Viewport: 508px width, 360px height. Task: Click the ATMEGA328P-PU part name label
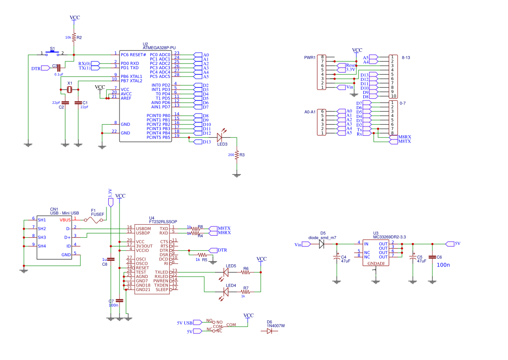pyautogui.click(x=159, y=48)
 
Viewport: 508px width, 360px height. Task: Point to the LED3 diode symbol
pyautogui.click(x=220, y=137)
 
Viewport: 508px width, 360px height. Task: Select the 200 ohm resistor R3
pyautogui.click(x=237, y=155)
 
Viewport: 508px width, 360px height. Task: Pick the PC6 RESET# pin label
pyautogui.click(x=133, y=55)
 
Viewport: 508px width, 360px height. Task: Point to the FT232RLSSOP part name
pyautogui.click(x=163, y=222)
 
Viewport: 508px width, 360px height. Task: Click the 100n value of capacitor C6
pyautogui.click(x=443, y=264)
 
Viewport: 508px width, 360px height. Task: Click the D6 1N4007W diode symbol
pyautogui.click(x=269, y=331)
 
